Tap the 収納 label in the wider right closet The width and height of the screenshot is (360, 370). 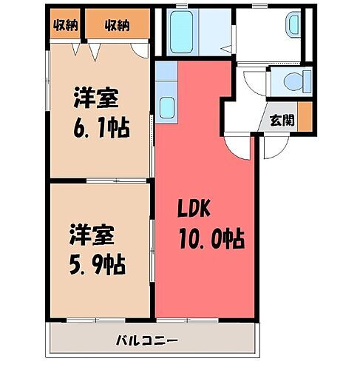[x=117, y=25]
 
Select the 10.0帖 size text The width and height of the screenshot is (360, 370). [x=211, y=239]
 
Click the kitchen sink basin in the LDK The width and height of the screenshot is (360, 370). [x=166, y=109]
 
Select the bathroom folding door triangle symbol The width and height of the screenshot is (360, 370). [x=231, y=50]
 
